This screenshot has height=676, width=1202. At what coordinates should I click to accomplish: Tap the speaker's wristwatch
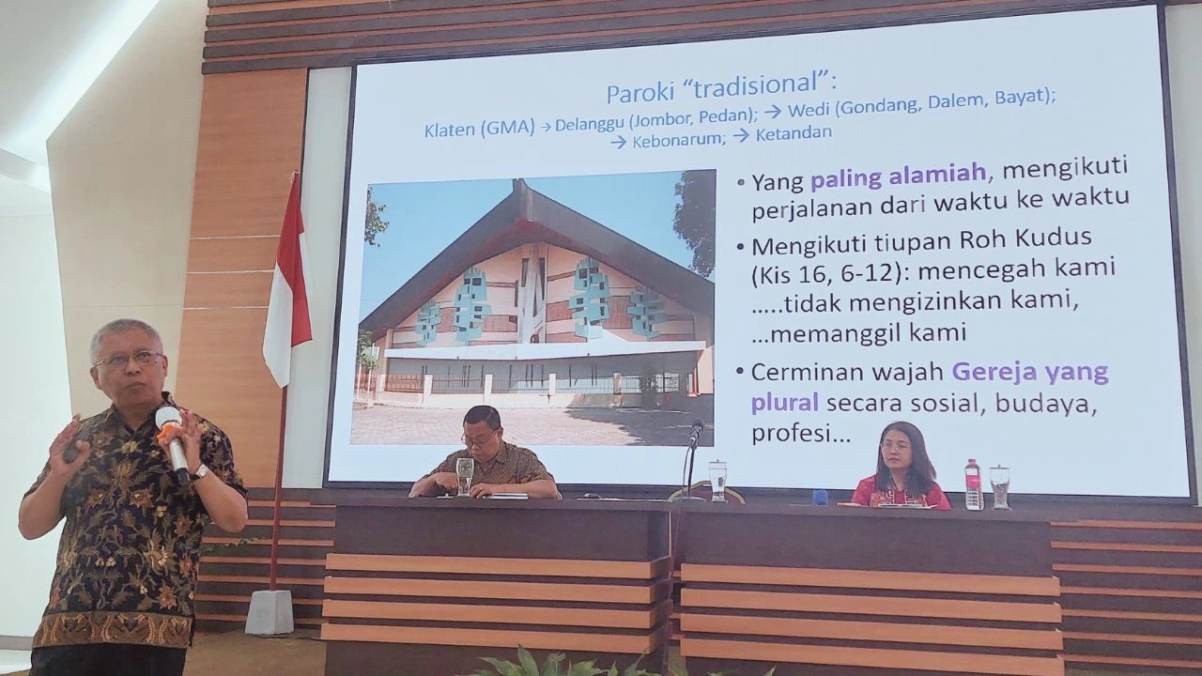200,472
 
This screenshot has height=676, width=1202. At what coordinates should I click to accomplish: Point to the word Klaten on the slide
449,130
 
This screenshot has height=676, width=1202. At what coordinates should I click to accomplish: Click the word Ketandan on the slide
794,133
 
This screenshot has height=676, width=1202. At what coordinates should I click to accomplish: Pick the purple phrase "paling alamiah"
898,176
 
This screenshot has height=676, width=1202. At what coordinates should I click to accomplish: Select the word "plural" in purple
784,404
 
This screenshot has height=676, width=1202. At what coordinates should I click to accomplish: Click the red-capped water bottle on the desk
974,484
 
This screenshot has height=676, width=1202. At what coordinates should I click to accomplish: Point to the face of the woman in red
895,450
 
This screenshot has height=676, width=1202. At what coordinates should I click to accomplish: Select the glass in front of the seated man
465,476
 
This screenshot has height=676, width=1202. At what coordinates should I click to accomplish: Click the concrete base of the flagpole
270,612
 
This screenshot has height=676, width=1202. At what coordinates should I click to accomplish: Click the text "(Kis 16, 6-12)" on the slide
827,274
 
